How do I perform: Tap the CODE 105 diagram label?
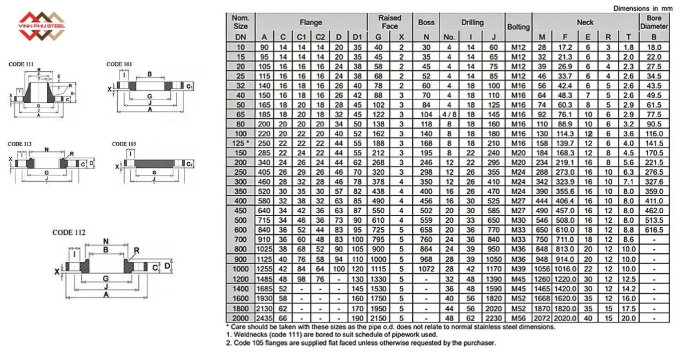[x=124, y=144]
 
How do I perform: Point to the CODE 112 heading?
[x=69, y=233]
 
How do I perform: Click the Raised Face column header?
[x=389, y=22]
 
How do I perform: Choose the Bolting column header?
[x=519, y=27]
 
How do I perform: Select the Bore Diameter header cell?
[x=654, y=22]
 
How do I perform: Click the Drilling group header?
[x=473, y=22]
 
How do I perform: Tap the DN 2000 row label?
[x=241, y=318]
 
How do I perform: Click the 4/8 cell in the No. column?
[x=449, y=114]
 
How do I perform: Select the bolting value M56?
[x=519, y=318]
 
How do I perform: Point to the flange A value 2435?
[x=264, y=318]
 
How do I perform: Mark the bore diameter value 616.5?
[x=654, y=229]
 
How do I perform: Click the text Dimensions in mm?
[x=643, y=9]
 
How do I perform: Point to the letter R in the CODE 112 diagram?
[x=137, y=250]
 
